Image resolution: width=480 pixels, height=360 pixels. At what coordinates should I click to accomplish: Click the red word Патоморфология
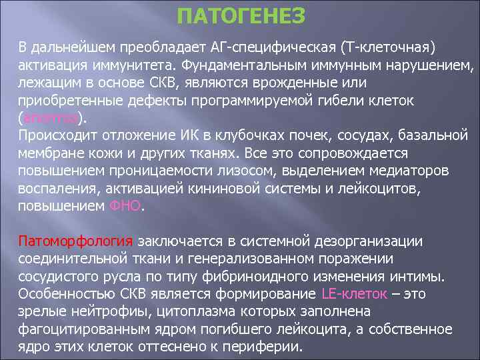tap(76, 241)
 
